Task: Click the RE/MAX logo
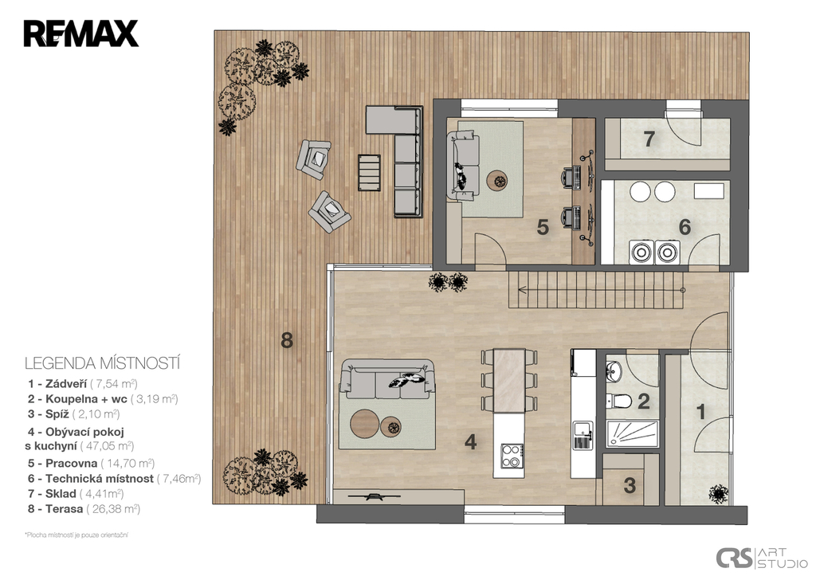pos(81,33)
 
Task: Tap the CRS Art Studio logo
pos(761,557)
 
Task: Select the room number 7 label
pos(649,139)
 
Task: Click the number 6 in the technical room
pos(685,227)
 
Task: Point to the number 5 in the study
pos(543,227)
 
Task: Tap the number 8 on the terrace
pos(287,340)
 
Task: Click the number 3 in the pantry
pos(630,485)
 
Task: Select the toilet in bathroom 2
pos(618,402)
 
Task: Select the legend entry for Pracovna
pos(91,463)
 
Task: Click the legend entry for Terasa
pos(84,509)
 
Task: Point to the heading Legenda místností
pos(103,363)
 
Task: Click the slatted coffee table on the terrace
pos(370,172)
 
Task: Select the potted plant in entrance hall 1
pos(719,493)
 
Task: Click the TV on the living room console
pos(372,496)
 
